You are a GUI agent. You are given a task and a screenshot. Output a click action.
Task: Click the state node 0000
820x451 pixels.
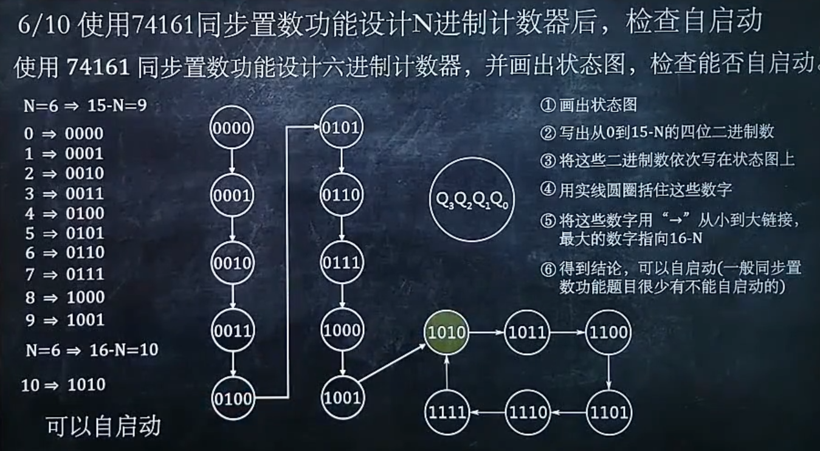[232, 128]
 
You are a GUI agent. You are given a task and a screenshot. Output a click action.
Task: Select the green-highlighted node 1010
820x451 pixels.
[447, 332]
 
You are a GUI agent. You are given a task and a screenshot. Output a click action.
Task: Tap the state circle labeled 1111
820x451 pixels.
[447, 413]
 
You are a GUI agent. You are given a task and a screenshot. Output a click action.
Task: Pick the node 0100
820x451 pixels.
[232, 399]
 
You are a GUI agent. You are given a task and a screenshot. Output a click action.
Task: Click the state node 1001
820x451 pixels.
[342, 399]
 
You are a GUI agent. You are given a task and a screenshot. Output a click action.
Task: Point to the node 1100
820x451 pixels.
[608, 332]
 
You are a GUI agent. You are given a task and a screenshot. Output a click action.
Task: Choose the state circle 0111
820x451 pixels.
[342, 263]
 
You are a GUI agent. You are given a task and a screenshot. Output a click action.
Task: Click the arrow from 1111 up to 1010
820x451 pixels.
[447, 372]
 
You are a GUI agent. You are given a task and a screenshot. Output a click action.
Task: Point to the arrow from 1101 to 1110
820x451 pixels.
[568, 413]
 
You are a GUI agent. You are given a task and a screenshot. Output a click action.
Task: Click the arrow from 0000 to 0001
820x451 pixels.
[232, 161]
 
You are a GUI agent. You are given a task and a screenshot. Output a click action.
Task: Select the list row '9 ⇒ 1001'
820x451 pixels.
[64, 320]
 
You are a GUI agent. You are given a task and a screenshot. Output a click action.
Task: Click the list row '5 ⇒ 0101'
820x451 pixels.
[64, 233]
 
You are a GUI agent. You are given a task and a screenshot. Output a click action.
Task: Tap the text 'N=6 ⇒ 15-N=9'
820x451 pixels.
[85, 106]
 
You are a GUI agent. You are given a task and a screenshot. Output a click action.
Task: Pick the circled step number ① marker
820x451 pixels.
[548, 105]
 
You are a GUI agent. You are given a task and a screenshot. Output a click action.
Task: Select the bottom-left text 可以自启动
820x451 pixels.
[103, 427]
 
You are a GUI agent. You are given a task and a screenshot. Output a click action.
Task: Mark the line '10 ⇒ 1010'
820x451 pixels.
[63, 385]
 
